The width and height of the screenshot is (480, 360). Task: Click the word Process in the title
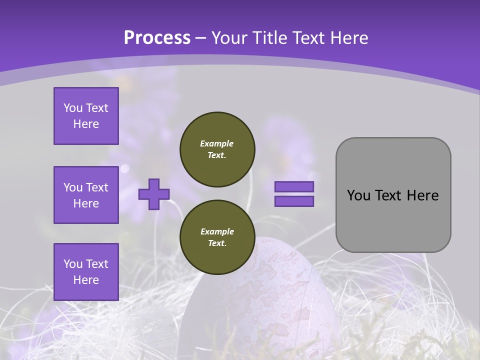click(x=157, y=38)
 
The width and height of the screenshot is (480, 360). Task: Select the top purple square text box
click(x=86, y=116)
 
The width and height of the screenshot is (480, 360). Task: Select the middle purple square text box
click(x=86, y=195)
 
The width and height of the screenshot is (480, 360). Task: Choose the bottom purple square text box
click(x=86, y=271)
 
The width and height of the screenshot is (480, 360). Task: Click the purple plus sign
click(x=154, y=194)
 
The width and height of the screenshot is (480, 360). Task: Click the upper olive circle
click(x=217, y=149)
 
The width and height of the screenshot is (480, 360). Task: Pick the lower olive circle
click(x=217, y=237)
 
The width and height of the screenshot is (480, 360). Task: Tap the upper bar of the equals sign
click(x=294, y=187)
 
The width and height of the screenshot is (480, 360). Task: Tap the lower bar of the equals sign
click(x=294, y=201)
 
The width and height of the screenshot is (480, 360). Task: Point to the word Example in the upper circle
click(x=217, y=143)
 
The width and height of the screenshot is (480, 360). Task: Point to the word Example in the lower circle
click(x=217, y=231)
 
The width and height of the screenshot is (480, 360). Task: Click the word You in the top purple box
click(x=73, y=108)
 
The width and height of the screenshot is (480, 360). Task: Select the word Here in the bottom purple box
click(x=86, y=280)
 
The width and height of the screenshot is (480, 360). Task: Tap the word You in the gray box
click(x=358, y=195)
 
